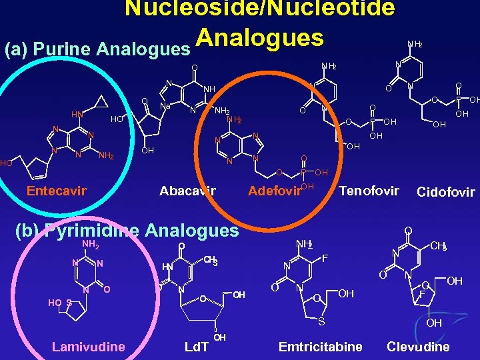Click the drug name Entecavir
coord(57,191)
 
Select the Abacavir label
coord(188,191)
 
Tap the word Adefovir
coord(274,191)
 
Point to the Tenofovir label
coord(369,191)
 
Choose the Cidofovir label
coord(445,193)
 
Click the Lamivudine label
coord(88,346)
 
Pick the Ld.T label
coord(196,347)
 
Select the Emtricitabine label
coord(320,347)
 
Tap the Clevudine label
coord(418,347)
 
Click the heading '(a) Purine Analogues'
coord(97,49)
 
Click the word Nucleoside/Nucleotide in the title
coord(259,9)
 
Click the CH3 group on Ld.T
coord(211,260)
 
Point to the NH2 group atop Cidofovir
coord(414,44)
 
